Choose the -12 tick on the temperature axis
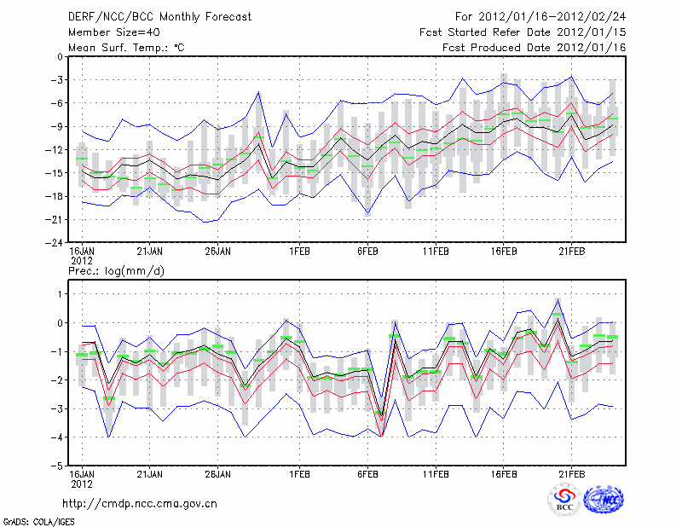(55, 150)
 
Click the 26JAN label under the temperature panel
(218, 252)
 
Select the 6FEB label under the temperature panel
(368, 252)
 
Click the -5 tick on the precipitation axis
(56, 466)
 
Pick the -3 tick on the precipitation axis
(56, 409)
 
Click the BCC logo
(564, 501)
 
